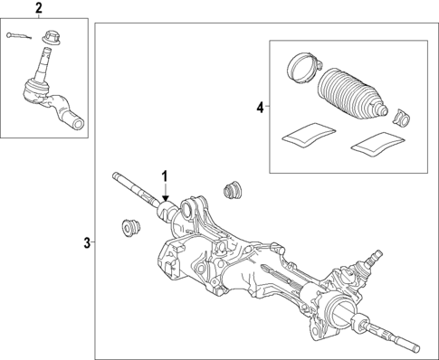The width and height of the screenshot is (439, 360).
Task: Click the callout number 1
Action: [165, 175]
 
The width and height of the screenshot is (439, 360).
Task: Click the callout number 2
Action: [38, 9]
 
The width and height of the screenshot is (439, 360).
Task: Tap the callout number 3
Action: [87, 242]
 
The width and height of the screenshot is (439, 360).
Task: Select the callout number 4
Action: [260, 108]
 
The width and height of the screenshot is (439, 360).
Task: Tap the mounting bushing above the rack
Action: [232, 192]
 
